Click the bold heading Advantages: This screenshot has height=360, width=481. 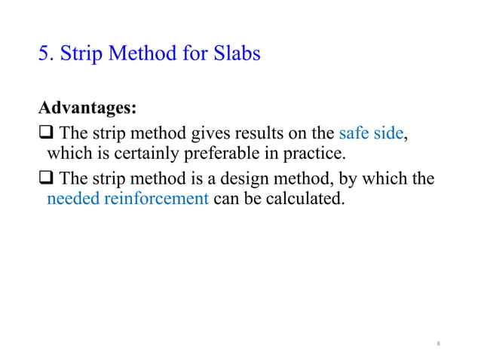87,108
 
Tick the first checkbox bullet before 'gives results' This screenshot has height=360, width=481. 46,135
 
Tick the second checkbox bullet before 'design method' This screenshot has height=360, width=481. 46,180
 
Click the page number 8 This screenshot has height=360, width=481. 438,344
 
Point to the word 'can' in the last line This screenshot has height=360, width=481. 227,200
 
